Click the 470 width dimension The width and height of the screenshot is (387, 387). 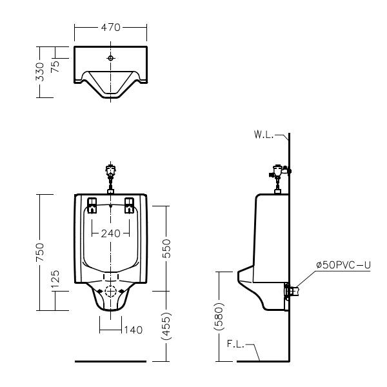point(110,27)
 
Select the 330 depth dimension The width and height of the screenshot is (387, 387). point(40,72)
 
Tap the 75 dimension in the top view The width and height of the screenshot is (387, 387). point(55,66)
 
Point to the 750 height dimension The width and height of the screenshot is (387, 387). point(40,252)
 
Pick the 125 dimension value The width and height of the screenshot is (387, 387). point(55,279)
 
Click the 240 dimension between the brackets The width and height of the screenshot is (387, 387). point(110,233)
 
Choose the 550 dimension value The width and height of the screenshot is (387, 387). point(166,248)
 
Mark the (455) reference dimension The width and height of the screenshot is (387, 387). point(166,326)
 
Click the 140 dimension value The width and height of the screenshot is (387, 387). point(134,330)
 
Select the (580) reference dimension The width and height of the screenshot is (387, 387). point(219,317)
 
